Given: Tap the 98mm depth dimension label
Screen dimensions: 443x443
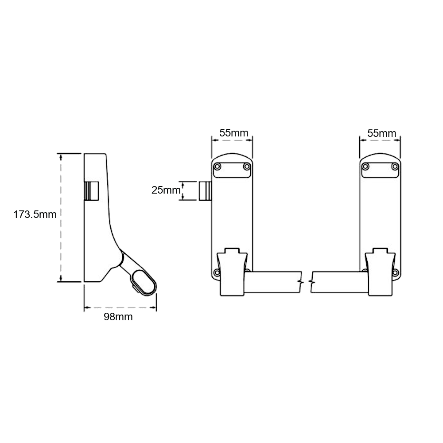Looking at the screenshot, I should click(118, 317).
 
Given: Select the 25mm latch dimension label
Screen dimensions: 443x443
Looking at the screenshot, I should click(165, 190).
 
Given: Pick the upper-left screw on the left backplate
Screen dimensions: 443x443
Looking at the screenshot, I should click(218, 167).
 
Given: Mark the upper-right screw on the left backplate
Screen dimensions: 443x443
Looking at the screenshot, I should click(247, 167).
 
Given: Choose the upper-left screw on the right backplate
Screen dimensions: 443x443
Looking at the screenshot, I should click(365, 167).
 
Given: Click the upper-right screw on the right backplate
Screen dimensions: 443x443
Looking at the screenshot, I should click(395, 167).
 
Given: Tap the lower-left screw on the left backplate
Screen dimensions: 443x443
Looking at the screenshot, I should click(217, 272).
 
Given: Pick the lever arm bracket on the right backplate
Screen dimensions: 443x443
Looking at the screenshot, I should click(379, 270).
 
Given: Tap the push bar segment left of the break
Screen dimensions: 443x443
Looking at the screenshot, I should click(272, 282).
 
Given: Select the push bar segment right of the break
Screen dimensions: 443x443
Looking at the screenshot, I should click(339, 282).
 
